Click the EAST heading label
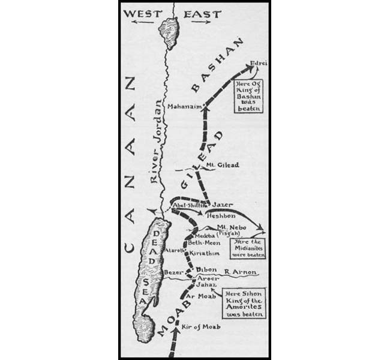point(202,13)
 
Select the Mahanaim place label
point(184,109)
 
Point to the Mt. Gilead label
point(218,165)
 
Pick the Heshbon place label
point(221,215)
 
